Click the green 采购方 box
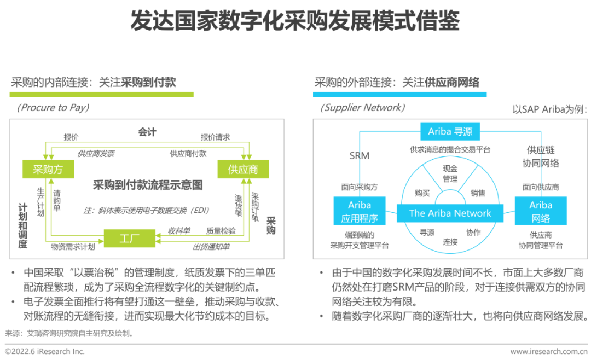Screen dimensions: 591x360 (x=48, y=169)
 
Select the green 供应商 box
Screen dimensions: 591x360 (x=243, y=169)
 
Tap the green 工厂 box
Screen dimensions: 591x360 (x=129, y=238)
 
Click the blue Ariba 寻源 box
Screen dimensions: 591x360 (x=450, y=131)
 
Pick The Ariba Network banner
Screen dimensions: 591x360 (x=450, y=213)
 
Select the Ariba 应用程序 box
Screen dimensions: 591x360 (x=360, y=211)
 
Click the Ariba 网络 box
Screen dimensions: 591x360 (x=541, y=211)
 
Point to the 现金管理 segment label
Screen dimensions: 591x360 (x=450, y=174)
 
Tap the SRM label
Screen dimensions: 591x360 (x=359, y=156)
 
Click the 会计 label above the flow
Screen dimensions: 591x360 (x=147, y=132)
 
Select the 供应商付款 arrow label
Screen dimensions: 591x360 (x=188, y=153)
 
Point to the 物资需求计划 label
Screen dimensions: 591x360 (x=73, y=247)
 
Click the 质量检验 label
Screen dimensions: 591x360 (x=221, y=231)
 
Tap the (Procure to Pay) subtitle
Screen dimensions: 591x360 (x=53, y=108)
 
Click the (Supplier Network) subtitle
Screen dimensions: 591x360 (x=363, y=108)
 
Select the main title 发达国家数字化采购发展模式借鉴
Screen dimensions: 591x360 (x=295, y=20)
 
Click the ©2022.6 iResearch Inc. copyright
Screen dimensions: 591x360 (x=44, y=351)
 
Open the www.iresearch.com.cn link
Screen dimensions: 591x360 (x=549, y=351)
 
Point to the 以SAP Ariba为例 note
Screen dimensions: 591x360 (x=549, y=109)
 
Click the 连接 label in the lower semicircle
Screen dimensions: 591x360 (x=450, y=242)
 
